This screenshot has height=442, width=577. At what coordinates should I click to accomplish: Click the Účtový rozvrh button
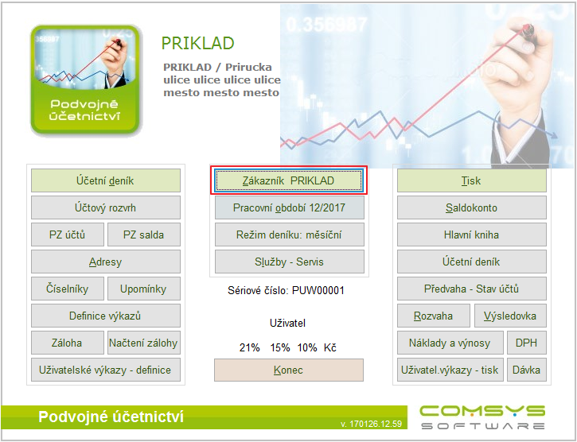[x=106, y=207]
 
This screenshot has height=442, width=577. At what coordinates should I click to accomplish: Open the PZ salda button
[x=144, y=235]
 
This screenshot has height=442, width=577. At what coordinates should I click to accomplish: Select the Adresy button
[x=106, y=262]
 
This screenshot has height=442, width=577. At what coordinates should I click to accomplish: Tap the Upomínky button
[x=144, y=289]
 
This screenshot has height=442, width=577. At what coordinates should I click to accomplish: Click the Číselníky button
[x=68, y=289]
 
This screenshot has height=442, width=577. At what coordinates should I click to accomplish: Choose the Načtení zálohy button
[x=144, y=343]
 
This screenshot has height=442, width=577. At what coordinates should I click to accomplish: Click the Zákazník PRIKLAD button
[x=289, y=180]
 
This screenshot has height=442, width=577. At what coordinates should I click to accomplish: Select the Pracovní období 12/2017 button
[x=289, y=207]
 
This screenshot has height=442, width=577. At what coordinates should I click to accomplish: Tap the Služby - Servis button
[x=289, y=262]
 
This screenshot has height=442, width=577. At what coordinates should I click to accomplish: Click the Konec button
[x=289, y=370]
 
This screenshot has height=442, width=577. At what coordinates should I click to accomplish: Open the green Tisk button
[x=472, y=180]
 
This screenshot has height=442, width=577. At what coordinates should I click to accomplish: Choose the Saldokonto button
[x=472, y=207]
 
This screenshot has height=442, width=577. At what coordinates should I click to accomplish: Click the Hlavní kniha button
[x=472, y=235]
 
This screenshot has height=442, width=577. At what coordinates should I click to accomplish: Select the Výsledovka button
[x=510, y=316]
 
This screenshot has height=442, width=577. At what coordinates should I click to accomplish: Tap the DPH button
[x=527, y=343]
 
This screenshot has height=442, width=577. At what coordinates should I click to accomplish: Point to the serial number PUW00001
[x=318, y=290]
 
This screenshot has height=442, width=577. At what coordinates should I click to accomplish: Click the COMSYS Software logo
[x=482, y=417]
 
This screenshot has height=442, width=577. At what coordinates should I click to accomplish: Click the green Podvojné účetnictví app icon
[x=85, y=79]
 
